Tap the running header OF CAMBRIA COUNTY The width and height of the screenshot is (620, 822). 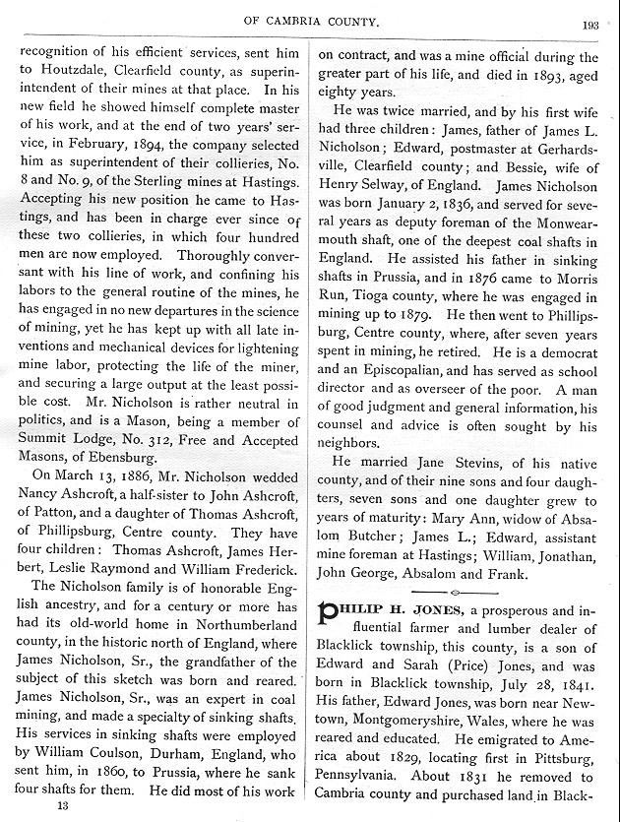310,25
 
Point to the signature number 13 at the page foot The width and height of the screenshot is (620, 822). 62,806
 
